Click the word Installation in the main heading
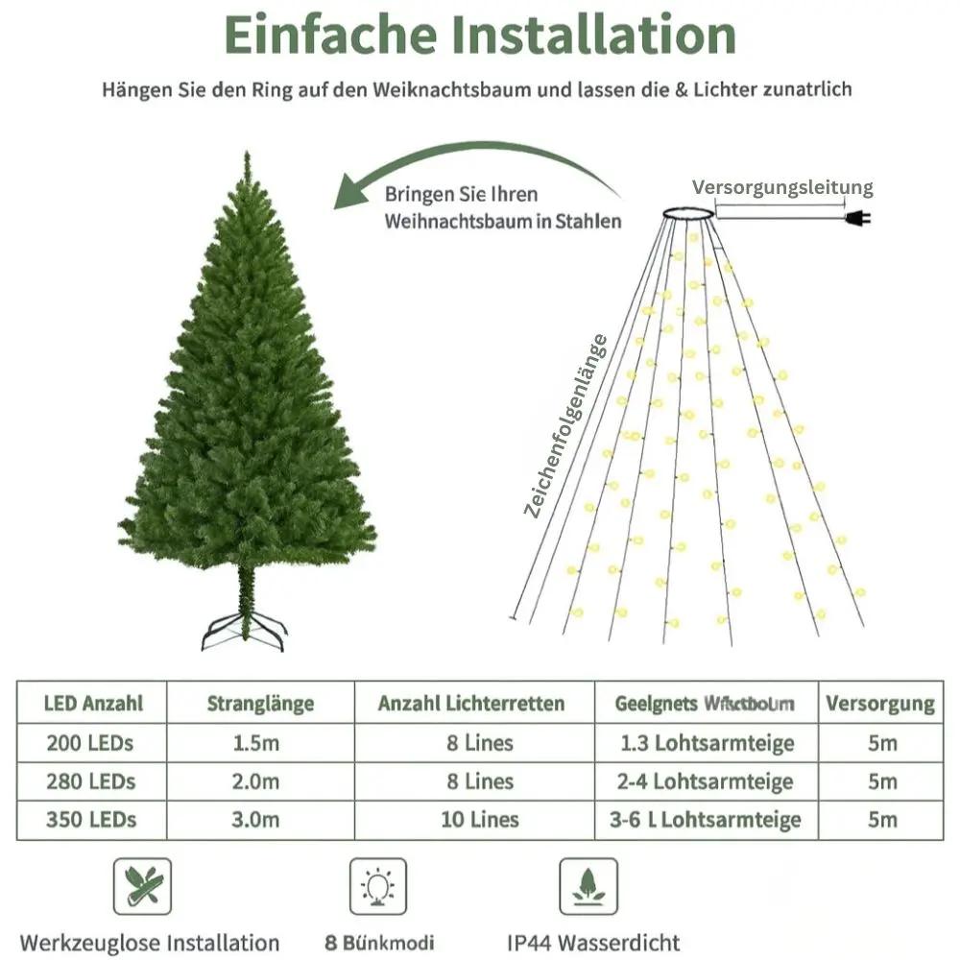click(x=594, y=35)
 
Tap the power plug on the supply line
click(x=856, y=219)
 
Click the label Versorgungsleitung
click(x=782, y=187)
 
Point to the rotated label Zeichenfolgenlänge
click(x=566, y=425)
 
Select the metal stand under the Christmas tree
click(x=244, y=634)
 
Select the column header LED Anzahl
click(x=93, y=703)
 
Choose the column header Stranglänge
click(x=260, y=704)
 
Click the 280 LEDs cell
click(x=90, y=780)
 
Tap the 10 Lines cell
click(x=482, y=819)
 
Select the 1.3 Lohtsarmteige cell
click(x=707, y=743)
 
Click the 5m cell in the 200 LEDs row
click(x=881, y=743)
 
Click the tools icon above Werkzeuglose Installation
click(x=143, y=886)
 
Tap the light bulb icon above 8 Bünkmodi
click(x=377, y=886)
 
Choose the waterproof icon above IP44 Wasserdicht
click(x=588, y=886)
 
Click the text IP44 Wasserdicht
click(x=593, y=943)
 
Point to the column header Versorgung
click(x=879, y=704)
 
